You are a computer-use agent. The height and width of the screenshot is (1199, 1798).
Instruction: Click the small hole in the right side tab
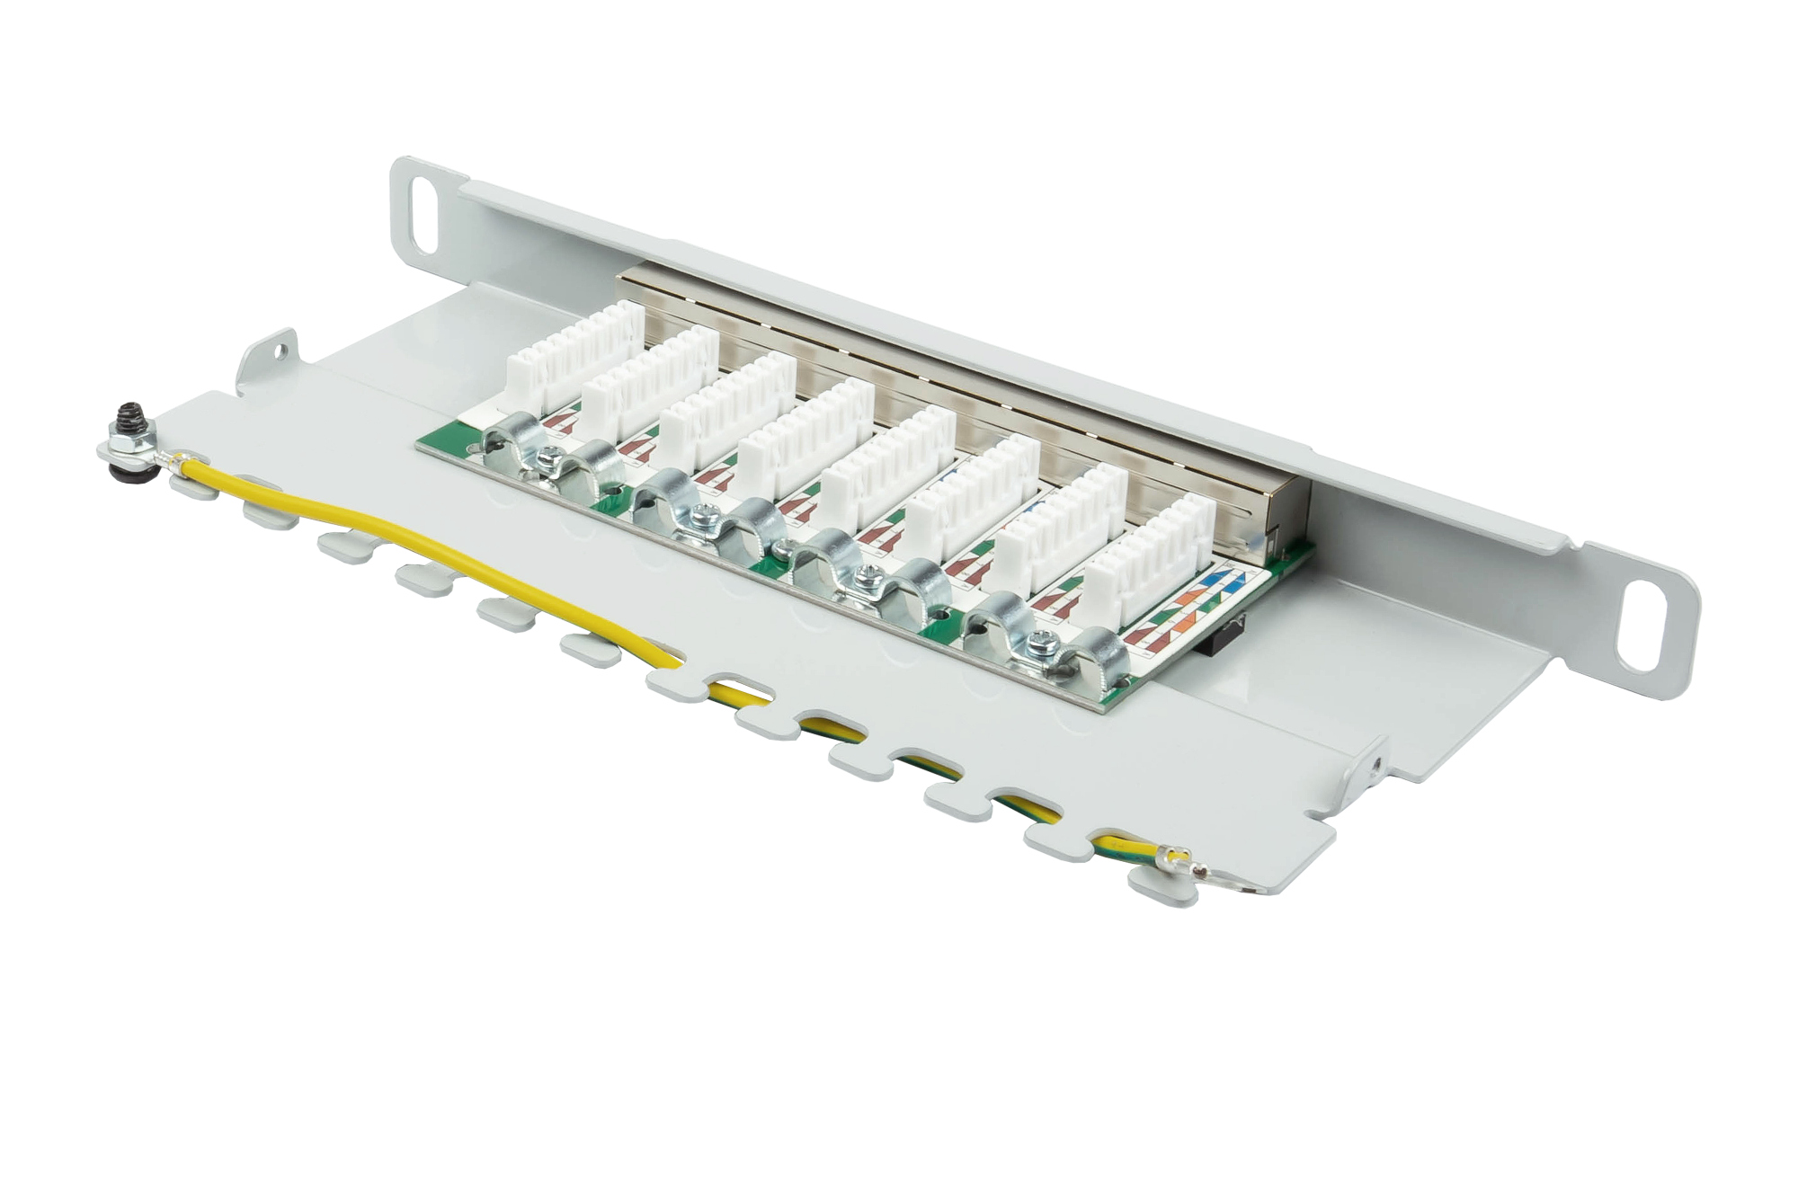[x=1377, y=765]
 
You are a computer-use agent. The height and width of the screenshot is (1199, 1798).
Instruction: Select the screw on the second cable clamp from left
[x=701, y=517]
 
